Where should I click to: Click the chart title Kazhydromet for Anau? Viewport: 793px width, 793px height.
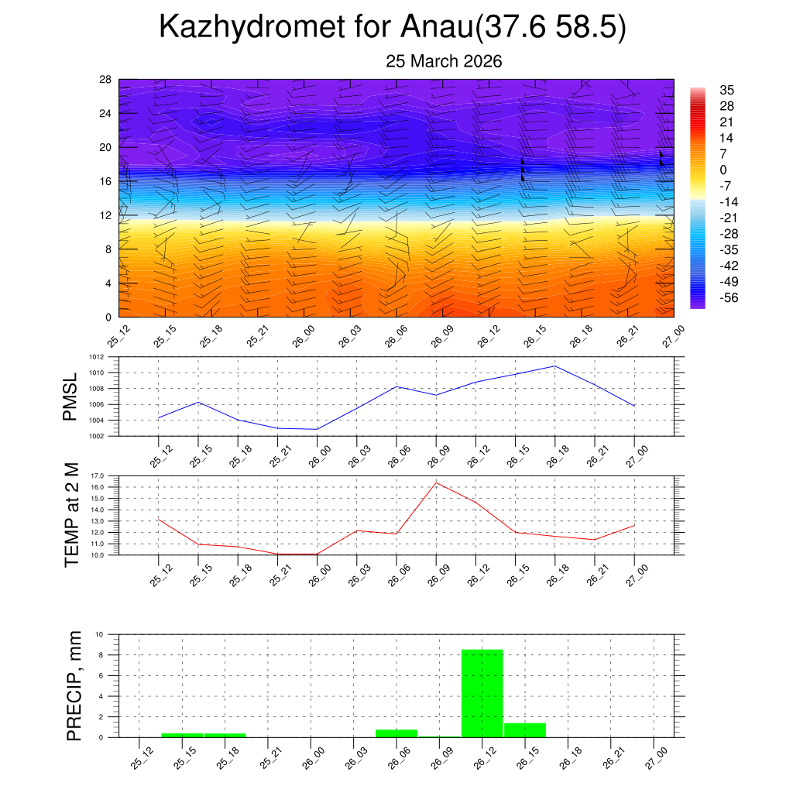coord(392,28)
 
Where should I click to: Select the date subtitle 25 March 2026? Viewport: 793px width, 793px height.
coord(444,62)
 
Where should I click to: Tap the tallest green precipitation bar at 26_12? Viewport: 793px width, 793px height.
coord(482,693)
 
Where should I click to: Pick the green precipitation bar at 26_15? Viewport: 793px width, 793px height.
coord(524,729)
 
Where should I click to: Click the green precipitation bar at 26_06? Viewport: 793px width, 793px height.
coord(396,733)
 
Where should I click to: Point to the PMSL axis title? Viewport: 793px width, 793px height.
coord(70,396)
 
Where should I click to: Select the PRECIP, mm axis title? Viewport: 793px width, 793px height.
coord(74,685)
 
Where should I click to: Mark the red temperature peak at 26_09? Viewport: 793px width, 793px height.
coord(436,482)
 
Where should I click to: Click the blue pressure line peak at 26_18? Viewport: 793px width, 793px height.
coord(554,366)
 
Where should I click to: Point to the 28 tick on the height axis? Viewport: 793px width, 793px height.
coord(105,79)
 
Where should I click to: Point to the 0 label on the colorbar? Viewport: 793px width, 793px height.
coord(723,170)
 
